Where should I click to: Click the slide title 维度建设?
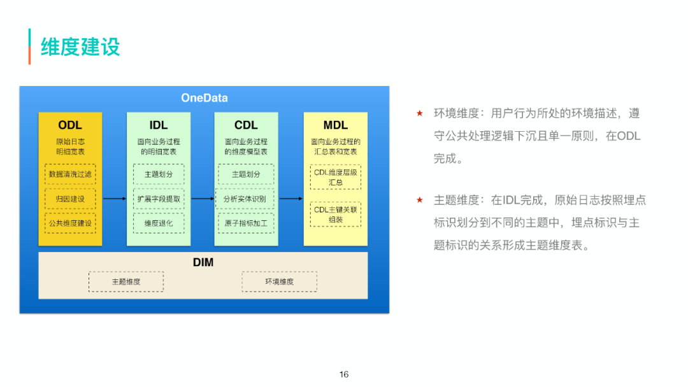pyautogui.click(x=80, y=47)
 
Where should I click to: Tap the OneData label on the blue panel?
pyautogui.click(x=204, y=98)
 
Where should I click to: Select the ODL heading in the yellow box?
pyautogui.click(x=70, y=125)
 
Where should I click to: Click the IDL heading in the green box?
pyautogui.click(x=159, y=125)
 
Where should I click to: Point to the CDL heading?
pyautogui.click(x=246, y=125)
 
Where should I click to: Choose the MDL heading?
pyautogui.click(x=336, y=125)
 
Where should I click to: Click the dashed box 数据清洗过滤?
pyautogui.click(x=70, y=174)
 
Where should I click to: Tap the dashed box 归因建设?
pyautogui.click(x=70, y=199)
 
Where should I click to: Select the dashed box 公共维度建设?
pyautogui.click(x=70, y=223)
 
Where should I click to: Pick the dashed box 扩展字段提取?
pyautogui.click(x=159, y=199)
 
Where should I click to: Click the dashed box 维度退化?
pyautogui.click(x=159, y=223)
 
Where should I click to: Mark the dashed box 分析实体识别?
pyautogui.click(x=245, y=199)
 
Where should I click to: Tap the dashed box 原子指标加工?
pyautogui.click(x=245, y=223)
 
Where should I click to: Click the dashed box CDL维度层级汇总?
pyautogui.click(x=336, y=177)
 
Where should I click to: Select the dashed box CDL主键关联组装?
pyautogui.click(x=336, y=215)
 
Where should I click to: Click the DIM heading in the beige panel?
pyautogui.click(x=203, y=262)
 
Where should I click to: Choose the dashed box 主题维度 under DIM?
pyautogui.click(x=126, y=281)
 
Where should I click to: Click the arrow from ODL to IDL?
pyautogui.click(x=115, y=199)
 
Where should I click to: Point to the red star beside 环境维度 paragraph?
pyautogui.click(x=419, y=113)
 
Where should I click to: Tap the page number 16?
pyautogui.click(x=344, y=374)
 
